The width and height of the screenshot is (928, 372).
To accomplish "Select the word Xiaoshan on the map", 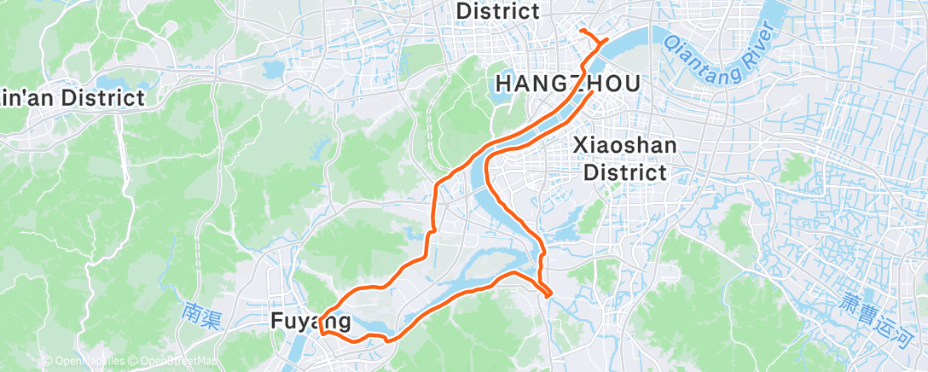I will [626, 146].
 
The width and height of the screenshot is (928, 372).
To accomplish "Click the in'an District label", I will [72, 98].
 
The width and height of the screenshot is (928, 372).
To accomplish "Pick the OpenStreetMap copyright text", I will [176, 362].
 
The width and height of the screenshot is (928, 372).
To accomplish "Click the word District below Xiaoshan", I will [625, 172].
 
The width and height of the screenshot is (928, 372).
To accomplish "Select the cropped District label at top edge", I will [498, 11].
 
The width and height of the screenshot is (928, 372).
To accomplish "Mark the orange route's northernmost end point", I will [581, 31].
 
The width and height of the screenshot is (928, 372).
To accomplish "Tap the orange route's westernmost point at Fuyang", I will [322, 333].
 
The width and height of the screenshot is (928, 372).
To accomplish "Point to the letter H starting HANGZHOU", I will [502, 84].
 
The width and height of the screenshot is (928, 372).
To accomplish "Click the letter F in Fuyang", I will [277, 322].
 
